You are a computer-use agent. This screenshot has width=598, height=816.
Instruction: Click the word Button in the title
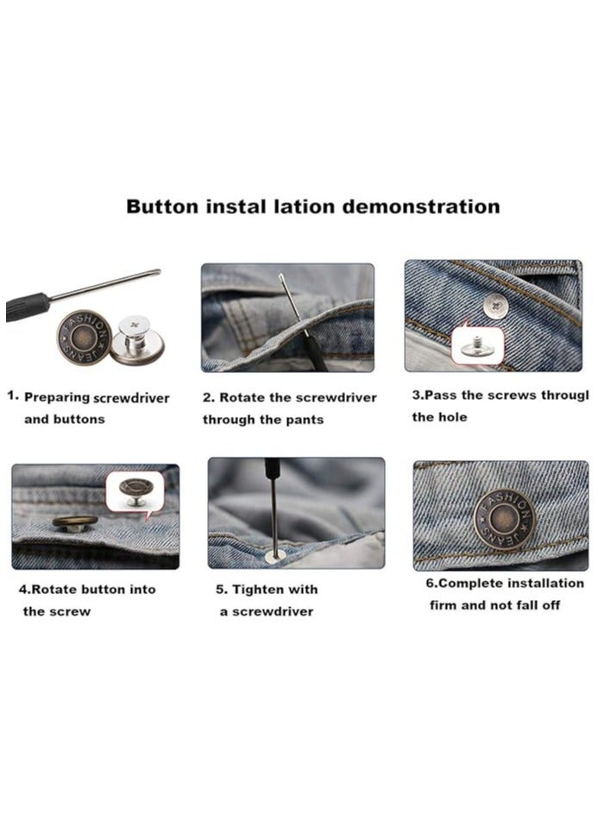(x=162, y=207)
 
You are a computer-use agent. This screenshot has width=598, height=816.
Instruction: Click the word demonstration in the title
(x=421, y=207)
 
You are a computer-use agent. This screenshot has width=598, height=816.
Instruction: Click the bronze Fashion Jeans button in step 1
(x=84, y=338)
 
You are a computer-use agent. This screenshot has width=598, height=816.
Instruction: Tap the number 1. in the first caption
(x=13, y=396)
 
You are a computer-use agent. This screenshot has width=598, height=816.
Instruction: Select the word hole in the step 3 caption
(x=452, y=417)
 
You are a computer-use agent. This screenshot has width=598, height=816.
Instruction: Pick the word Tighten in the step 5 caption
(x=265, y=590)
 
